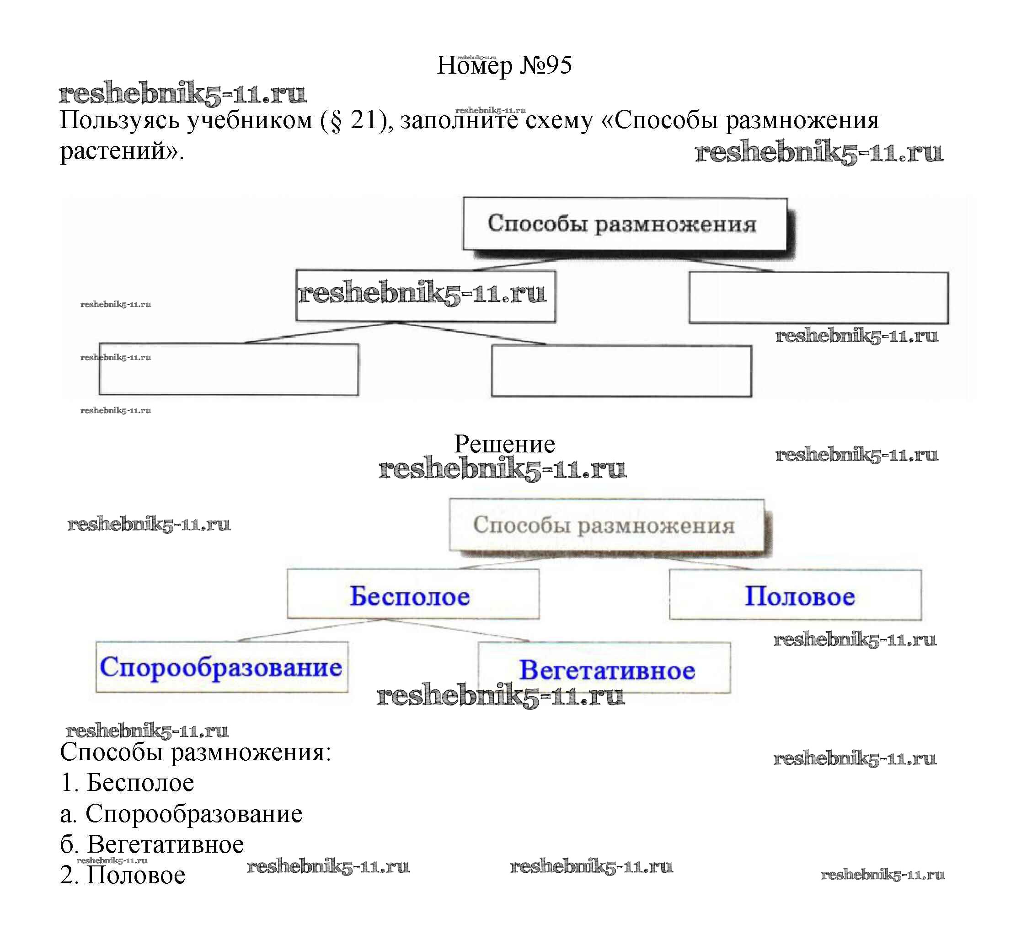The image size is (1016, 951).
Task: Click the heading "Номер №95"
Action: [504, 65]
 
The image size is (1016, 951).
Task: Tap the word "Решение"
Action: [504, 444]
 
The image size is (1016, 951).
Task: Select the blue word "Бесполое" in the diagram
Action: [409, 596]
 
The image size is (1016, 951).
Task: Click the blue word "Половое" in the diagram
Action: [799, 596]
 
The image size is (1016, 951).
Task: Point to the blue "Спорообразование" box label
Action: [221, 667]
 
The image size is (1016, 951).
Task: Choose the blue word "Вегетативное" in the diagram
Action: [607, 670]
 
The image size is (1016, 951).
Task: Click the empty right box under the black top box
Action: [818, 298]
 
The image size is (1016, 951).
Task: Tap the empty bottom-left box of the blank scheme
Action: [229, 370]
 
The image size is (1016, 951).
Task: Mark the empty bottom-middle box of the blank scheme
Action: [621, 371]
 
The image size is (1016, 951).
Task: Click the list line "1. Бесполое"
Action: [127, 783]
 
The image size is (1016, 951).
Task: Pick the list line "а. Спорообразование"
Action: [181, 813]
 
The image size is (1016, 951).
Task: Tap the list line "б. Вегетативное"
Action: [152, 844]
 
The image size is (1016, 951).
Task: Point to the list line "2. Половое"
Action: [123, 875]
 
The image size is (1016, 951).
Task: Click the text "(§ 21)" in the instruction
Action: [353, 121]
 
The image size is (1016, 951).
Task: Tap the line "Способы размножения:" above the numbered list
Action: [195, 752]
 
